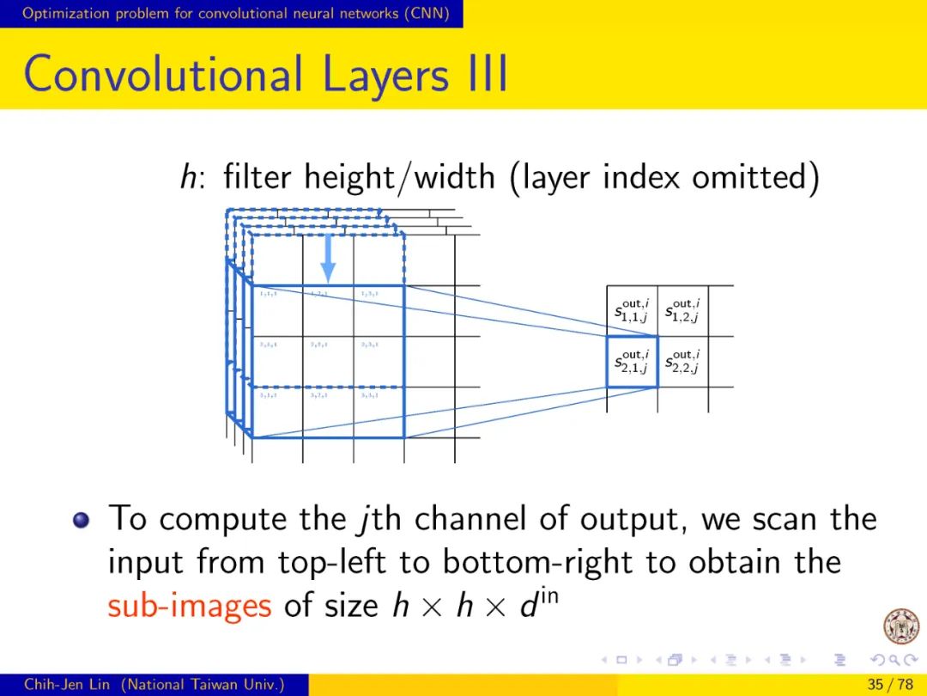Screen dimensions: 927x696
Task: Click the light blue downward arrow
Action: pos(328,257)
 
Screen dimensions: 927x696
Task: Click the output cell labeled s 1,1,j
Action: pos(632,311)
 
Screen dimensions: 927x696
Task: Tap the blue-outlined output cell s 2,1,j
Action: pos(632,362)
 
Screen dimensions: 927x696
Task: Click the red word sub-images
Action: pos(190,606)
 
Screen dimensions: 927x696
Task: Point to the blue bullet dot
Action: pos(82,521)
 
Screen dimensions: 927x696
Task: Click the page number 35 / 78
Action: pos(890,685)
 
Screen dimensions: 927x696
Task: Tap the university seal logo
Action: pos(900,626)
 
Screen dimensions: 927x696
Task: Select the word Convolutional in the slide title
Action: pos(162,75)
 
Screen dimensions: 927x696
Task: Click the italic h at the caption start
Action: pos(186,178)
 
